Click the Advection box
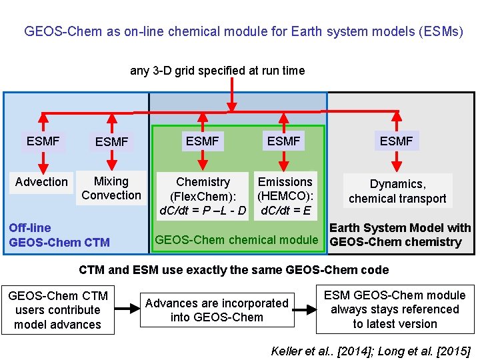41,182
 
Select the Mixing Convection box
111,188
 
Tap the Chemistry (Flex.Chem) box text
203,196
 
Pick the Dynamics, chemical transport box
397,191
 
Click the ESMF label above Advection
43,141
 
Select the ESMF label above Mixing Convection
111,141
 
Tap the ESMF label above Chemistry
202,141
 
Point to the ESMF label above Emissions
283,141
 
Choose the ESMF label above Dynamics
396,141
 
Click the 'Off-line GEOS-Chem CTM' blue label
59,235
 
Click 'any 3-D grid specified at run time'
217,71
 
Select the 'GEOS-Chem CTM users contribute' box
57,310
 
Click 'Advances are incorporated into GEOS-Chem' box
217,310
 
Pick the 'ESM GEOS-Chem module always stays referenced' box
395,309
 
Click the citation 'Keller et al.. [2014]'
323,351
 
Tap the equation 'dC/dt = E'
286,211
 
